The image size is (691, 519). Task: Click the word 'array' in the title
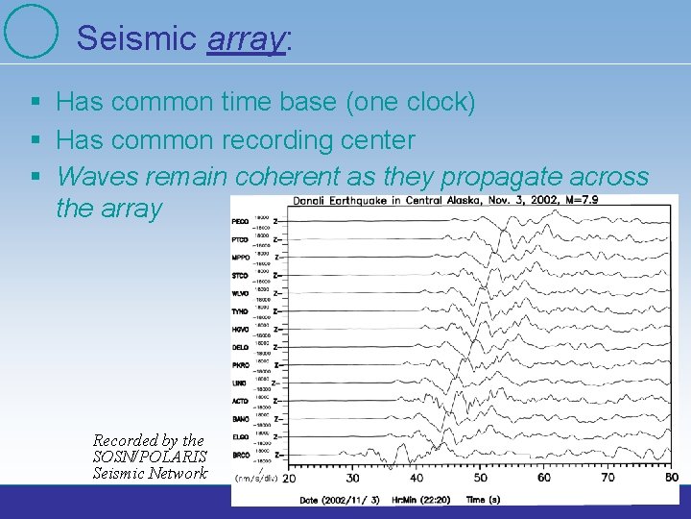pyautogui.click(x=245, y=37)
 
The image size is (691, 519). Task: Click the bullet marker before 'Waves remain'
pyautogui.click(x=35, y=177)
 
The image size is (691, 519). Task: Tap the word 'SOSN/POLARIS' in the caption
pyautogui.click(x=150, y=457)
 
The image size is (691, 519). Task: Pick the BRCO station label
pyautogui.click(x=242, y=454)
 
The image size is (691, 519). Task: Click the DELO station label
pyautogui.click(x=242, y=347)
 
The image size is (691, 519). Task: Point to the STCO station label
pyautogui.click(x=242, y=276)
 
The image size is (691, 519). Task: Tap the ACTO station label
pyautogui.click(x=242, y=400)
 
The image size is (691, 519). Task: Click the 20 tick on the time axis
pyautogui.click(x=289, y=478)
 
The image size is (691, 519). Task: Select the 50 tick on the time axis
pyautogui.click(x=480, y=478)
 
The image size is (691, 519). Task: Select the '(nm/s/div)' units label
pyautogui.click(x=257, y=478)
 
